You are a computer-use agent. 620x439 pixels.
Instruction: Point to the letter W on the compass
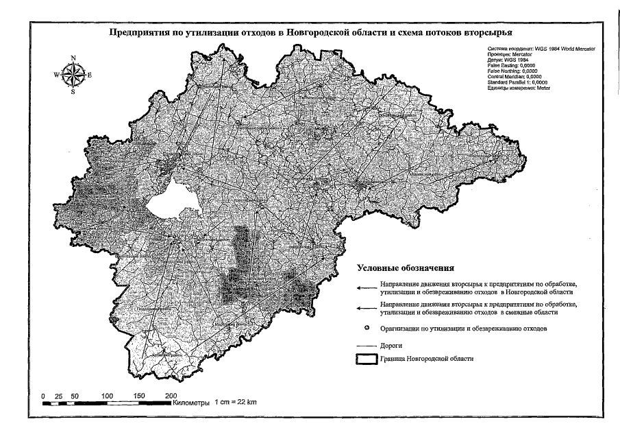click(56, 74)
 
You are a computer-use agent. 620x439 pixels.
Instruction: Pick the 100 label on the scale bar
click(106, 396)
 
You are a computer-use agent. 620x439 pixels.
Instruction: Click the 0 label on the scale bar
click(43, 396)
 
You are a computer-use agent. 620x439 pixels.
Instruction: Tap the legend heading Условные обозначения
click(404, 268)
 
